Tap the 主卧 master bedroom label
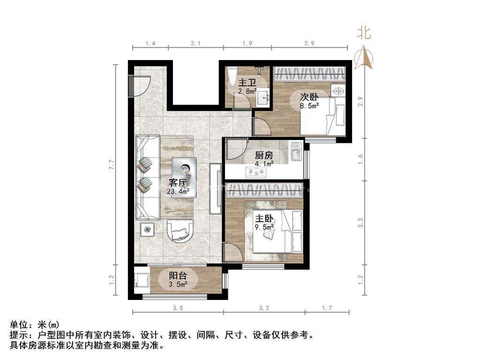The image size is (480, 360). tap(263, 218)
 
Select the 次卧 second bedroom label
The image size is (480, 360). tap(309, 97)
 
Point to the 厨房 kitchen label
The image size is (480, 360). tap(264, 156)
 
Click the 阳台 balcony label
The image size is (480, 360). tap(178, 276)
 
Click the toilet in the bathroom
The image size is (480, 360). tap(231, 77)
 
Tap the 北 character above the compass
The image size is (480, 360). tap(364, 32)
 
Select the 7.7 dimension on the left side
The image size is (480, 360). tap(112, 165)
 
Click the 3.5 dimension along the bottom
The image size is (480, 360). tap(177, 308)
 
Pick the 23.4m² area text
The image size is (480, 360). tap(178, 191)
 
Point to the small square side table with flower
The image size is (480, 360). tap(149, 229)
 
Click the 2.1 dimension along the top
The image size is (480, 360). tap(195, 44)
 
